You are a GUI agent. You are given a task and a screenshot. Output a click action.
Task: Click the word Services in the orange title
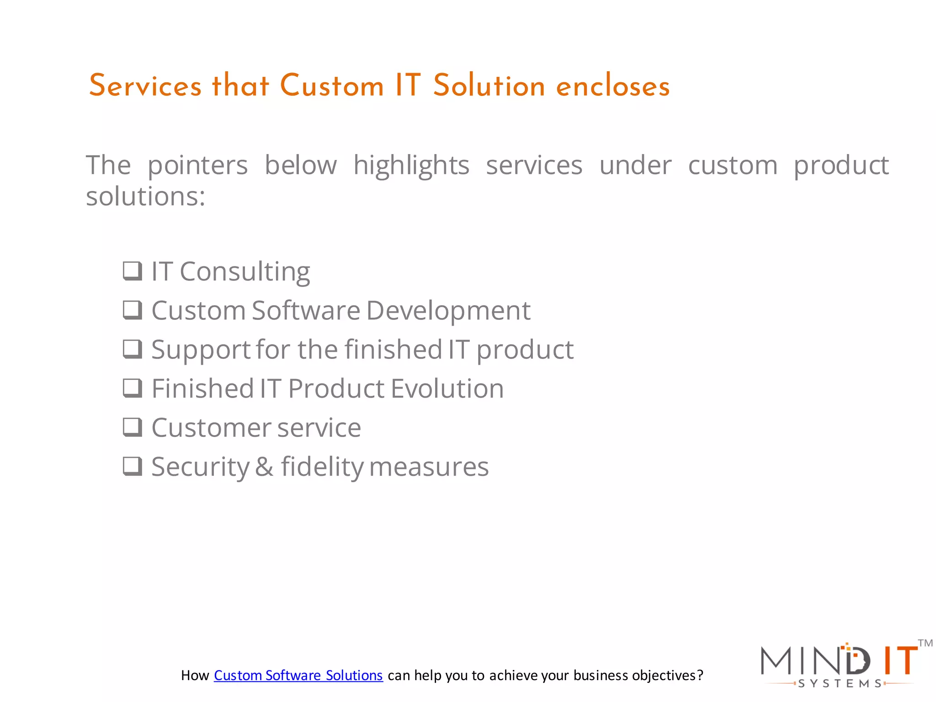145,86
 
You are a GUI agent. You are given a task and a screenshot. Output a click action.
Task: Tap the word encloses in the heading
613,86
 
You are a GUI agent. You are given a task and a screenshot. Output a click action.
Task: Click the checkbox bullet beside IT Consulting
133,271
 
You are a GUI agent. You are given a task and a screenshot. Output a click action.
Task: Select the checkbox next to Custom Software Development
133,310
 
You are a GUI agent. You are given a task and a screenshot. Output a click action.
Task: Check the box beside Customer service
133,427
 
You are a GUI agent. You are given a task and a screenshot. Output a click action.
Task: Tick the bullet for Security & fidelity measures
133,466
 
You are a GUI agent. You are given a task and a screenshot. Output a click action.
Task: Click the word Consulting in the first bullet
245,271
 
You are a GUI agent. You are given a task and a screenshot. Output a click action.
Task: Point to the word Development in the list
448,311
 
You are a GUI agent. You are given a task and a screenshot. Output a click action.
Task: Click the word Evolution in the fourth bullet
447,388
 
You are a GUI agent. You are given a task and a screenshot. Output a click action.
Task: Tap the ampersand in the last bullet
264,467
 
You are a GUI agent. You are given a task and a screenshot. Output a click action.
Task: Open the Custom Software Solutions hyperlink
298,675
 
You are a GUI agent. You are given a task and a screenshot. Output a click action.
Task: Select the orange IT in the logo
900,661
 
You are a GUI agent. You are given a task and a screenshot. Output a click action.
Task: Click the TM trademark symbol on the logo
925,643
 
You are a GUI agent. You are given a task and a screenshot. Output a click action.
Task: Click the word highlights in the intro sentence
411,165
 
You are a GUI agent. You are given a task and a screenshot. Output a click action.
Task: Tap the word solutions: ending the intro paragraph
145,197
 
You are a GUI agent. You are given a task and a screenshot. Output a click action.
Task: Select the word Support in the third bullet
200,350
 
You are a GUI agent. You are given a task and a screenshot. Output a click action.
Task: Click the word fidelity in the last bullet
322,467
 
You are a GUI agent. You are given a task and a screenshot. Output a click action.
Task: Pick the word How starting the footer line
195,675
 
